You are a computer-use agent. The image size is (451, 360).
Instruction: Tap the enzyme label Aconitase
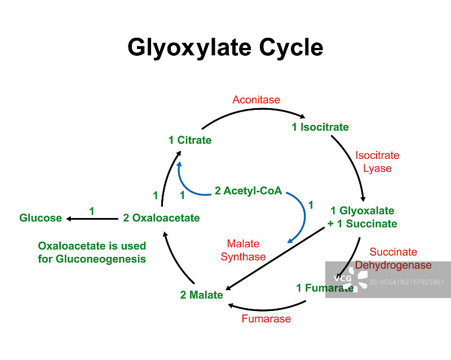pos(256,100)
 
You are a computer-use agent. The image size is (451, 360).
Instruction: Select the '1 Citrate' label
pos(190,140)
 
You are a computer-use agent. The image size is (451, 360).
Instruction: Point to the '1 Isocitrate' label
pos(320,127)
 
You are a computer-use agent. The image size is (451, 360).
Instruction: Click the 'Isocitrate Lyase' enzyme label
pos(377,162)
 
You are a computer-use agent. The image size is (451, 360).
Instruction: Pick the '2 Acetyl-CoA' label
pos(248,191)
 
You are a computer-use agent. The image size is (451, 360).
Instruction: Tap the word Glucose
pos(41,218)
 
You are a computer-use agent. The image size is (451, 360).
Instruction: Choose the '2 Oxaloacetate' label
pos(161,218)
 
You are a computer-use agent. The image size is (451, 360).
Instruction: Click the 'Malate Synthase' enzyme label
pos(243,251)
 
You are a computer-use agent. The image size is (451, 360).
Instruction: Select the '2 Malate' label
pos(201,295)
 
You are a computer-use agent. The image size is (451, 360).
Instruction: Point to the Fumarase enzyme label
pos(266,319)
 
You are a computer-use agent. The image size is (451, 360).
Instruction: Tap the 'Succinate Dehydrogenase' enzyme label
pos(393,259)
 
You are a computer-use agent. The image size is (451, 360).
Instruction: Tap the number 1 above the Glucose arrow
pos(92,211)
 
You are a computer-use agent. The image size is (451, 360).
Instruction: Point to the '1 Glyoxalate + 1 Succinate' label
pos(362,217)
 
